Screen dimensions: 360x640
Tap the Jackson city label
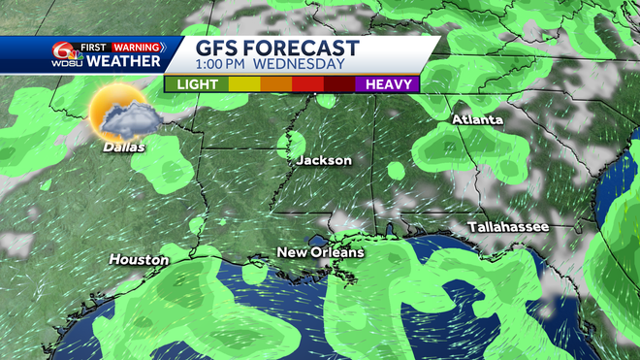pyautogui.click(x=324, y=160)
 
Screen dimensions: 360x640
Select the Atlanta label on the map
pyautogui.click(x=477, y=119)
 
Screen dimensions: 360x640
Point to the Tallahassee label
pyautogui.click(x=508, y=226)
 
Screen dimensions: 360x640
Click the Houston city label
pyautogui.click(x=139, y=259)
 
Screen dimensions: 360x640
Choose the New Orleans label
pyautogui.click(x=320, y=252)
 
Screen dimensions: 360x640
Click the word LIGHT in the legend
pyautogui.click(x=197, y=84)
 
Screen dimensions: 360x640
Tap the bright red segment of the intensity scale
pyautogui.click(x=307, y=84)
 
